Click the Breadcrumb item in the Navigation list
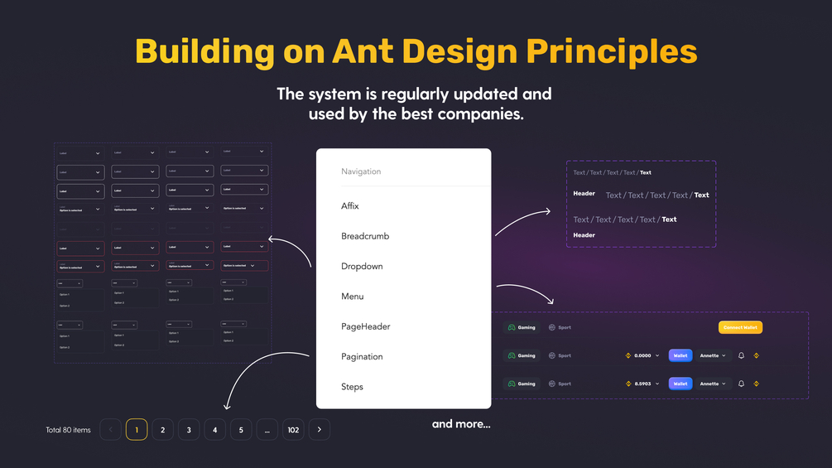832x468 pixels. [x=365, y=236]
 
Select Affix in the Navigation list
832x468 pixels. [x=350, y=205]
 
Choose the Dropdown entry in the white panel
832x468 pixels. [x=362, y=266]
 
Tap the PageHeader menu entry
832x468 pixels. [x=365, y=326]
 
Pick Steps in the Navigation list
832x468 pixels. [x=352, y=387]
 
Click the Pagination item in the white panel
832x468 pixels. [x=362, y=356]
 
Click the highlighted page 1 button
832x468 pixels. [x=137, y=430]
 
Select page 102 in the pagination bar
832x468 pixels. [x=293, y=430]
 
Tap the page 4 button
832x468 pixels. [x=215, y=430]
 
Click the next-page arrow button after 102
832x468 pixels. [x=320, y=430]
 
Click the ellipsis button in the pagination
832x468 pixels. [x=267, y=430]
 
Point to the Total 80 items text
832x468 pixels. [x=69, y=430]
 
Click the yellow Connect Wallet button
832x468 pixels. [x=740, y=327]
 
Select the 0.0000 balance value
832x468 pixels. [x=642, y=355]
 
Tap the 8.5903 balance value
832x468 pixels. [x=642, y=384]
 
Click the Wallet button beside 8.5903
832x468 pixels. [x=680, y=384]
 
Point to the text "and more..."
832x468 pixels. [x=461, y=424]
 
